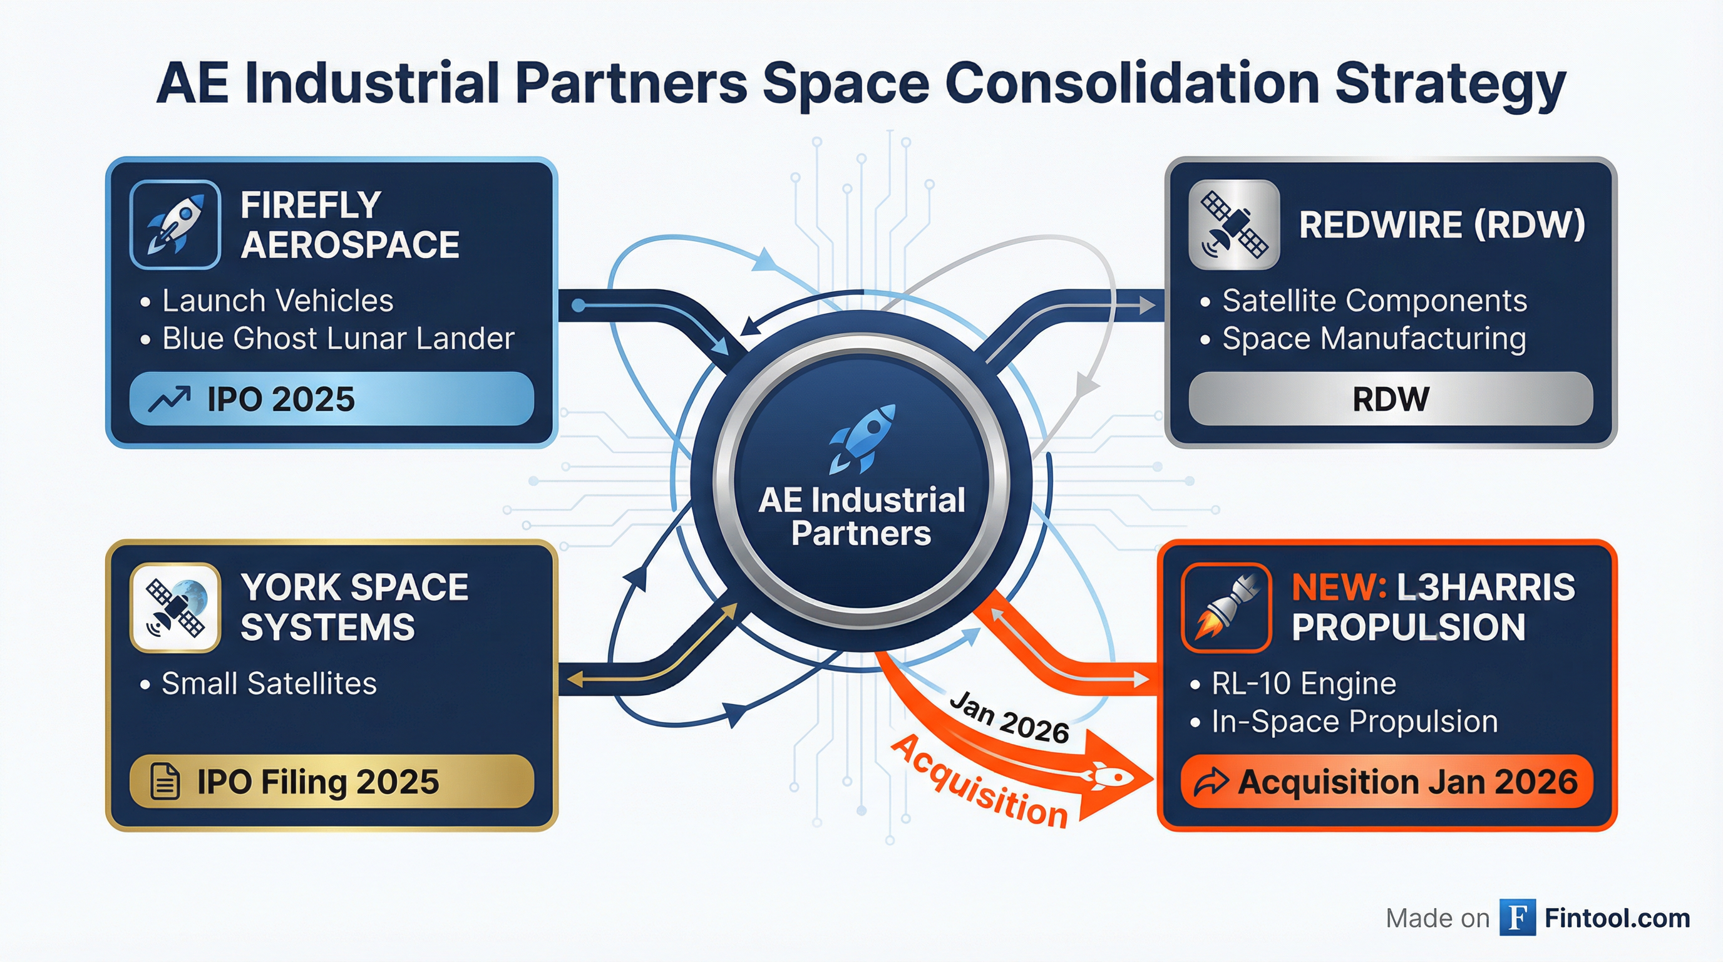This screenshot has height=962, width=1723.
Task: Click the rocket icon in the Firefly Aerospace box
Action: pos(175,225)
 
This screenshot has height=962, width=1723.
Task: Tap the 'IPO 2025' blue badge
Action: pos(331,400)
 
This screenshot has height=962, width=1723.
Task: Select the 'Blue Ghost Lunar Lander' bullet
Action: pos(338,338)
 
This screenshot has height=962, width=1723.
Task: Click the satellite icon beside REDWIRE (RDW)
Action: pos(1234,225)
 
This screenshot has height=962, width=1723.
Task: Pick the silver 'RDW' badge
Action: pos(1391,400)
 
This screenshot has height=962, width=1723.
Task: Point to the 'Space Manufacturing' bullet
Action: pos(1374,338)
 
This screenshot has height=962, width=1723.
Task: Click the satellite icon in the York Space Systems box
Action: pos(175,608)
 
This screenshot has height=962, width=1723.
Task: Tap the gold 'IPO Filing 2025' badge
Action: pos(331,782)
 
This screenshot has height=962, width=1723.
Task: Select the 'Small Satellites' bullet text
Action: pos(269,684)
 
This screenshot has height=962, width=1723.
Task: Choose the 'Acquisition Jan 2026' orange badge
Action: pos(1387,782)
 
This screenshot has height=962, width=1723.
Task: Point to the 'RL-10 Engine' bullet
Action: pos(1304,684)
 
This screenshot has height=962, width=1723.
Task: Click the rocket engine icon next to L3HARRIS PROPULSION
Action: pos(1226,608)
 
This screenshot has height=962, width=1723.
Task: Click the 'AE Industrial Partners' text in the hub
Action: pos(861,517)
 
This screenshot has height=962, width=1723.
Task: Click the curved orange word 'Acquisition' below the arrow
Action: pos(980,783)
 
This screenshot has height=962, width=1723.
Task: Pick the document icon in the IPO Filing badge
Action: pos(165,782)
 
